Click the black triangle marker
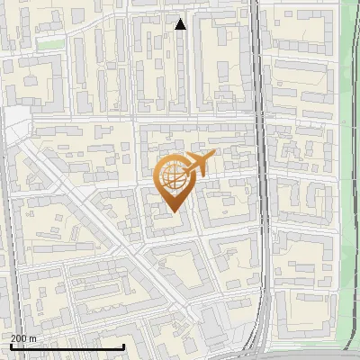pos(180,24)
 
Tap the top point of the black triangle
pos(180,18)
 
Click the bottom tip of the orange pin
pos(175,212)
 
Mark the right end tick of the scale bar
pos(123,346)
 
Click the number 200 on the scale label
pos(20,338)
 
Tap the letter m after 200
pos(33,338)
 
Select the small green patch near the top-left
pos(51,43)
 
